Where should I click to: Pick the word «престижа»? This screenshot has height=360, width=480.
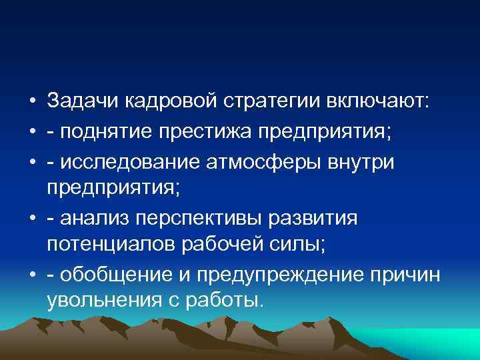202,131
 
